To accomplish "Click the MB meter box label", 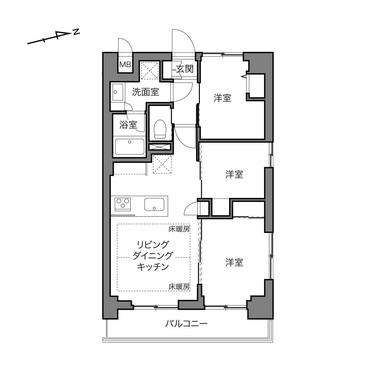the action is coord(125,64).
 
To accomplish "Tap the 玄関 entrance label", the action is coord(185,69).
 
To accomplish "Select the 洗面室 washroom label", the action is coord(145,92).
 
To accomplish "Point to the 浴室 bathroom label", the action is coord(128,125).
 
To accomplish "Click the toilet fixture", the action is coord(160,129).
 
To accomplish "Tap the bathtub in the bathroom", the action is coord(130,147).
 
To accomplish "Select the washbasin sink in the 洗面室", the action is coord(118,92).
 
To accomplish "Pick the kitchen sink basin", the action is coord(154,205).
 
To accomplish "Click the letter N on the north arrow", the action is coord(77,32).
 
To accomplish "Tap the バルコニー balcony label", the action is coord(186,324).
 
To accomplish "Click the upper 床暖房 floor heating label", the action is coord(179,229).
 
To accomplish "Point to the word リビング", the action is coord(153,245).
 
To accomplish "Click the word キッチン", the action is coord(153,267).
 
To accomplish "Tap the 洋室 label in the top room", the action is coord(222,98).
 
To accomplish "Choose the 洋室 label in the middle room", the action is coord(234,174).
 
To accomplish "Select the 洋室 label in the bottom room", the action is coord(234,262).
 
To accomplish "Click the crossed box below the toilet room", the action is coord(160,147).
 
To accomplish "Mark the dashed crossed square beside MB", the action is coord(150,70).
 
